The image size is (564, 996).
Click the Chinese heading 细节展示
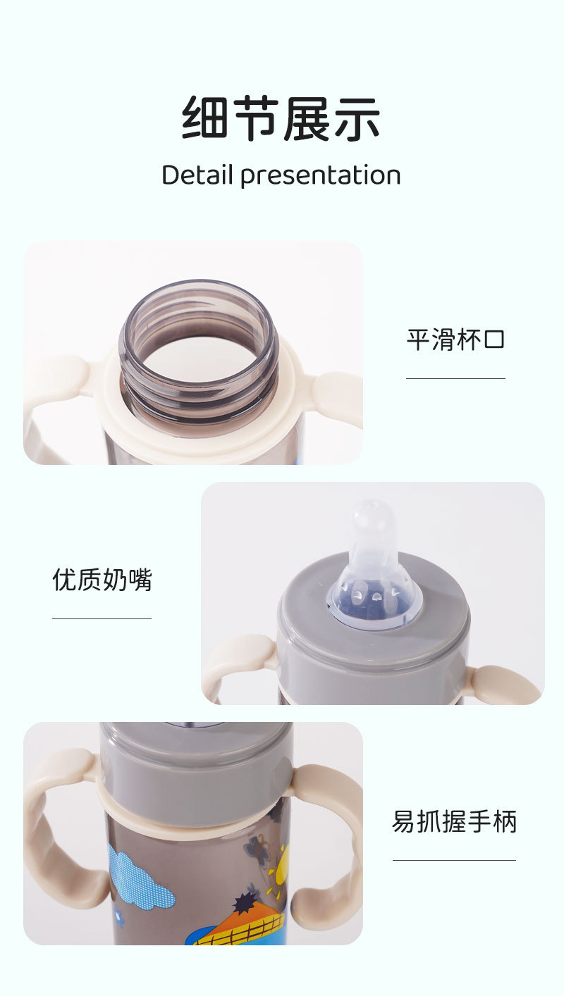[x=281, y=118]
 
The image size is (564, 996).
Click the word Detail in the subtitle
[x=197, y=175]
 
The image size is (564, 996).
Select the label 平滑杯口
[x=455, y=340]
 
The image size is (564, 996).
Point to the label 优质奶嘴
[x=102, y=580]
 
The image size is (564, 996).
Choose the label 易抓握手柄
[x=454, y=821]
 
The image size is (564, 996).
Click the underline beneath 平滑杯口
[x=455, y=378]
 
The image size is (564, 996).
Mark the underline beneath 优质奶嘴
[x=102, y=618]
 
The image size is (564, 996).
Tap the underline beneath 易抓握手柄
[x=454, y=860]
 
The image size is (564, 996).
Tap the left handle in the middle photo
[x=236, y=659]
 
